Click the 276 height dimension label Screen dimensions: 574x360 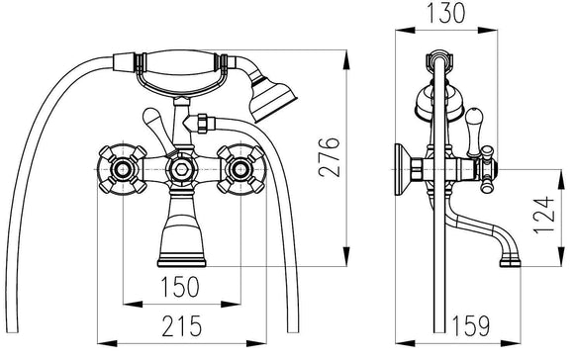[329, 157]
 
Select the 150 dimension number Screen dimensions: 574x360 [180, 286]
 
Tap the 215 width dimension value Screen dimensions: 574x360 [181, 325]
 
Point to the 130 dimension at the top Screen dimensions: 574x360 [446, 13]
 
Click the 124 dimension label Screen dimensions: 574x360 [543, 215]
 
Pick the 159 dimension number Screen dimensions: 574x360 [471, 325]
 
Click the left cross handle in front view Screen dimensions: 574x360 [123, 169]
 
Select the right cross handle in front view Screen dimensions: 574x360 [240, 169]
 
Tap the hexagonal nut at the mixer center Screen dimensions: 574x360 [181, 169]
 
